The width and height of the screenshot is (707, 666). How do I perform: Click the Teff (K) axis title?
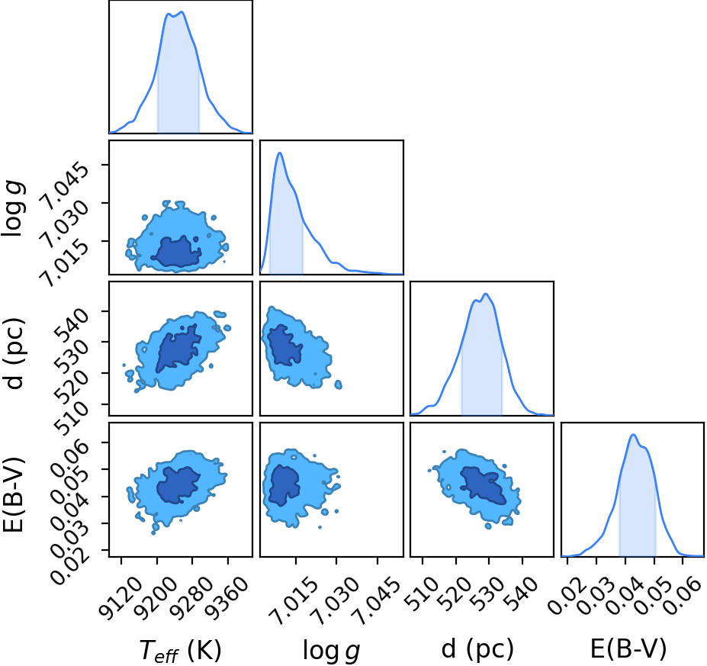(x=180, y=651)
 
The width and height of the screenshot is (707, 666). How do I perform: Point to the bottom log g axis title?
(x=331, y=651)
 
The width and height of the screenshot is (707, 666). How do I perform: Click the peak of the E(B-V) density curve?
(x=633, y=435)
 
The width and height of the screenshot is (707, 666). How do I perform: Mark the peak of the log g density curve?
(x=280, y=153)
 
